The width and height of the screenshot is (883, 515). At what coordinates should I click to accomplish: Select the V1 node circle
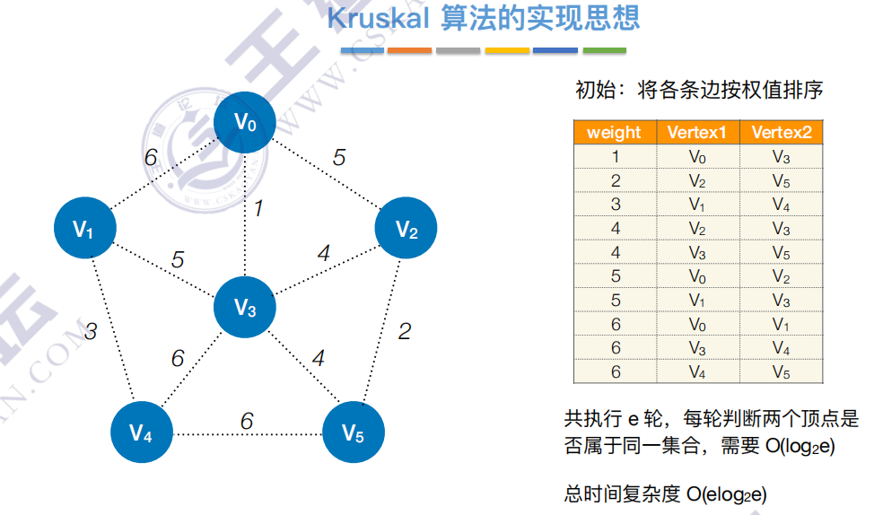point(83,230)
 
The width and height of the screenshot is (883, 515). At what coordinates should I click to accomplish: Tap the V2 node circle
point(407,230)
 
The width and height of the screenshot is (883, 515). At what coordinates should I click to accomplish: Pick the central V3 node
point(245,309)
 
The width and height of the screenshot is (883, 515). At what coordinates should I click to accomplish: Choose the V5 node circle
point(353,433)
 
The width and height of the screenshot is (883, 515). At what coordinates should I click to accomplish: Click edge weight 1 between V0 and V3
point(258,209)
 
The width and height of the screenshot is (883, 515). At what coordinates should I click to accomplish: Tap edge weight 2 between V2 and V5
point(405,331)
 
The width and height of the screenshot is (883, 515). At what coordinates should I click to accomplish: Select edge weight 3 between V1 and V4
point(91,332)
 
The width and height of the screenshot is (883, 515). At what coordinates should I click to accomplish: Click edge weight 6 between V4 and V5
point(246,421)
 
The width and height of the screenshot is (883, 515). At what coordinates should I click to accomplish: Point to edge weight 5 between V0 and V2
point(338,158)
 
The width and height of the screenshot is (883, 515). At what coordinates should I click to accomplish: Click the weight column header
point(614,133)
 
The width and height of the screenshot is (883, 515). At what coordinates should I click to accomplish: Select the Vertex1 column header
point(697,133)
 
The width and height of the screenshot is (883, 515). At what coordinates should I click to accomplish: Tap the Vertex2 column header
point(782,133)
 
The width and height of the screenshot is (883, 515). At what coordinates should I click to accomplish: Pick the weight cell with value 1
point(615,157)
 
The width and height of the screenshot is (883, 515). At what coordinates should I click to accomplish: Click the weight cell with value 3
point(615,205)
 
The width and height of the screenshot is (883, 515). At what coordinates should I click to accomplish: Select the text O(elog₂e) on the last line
point(726,494)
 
